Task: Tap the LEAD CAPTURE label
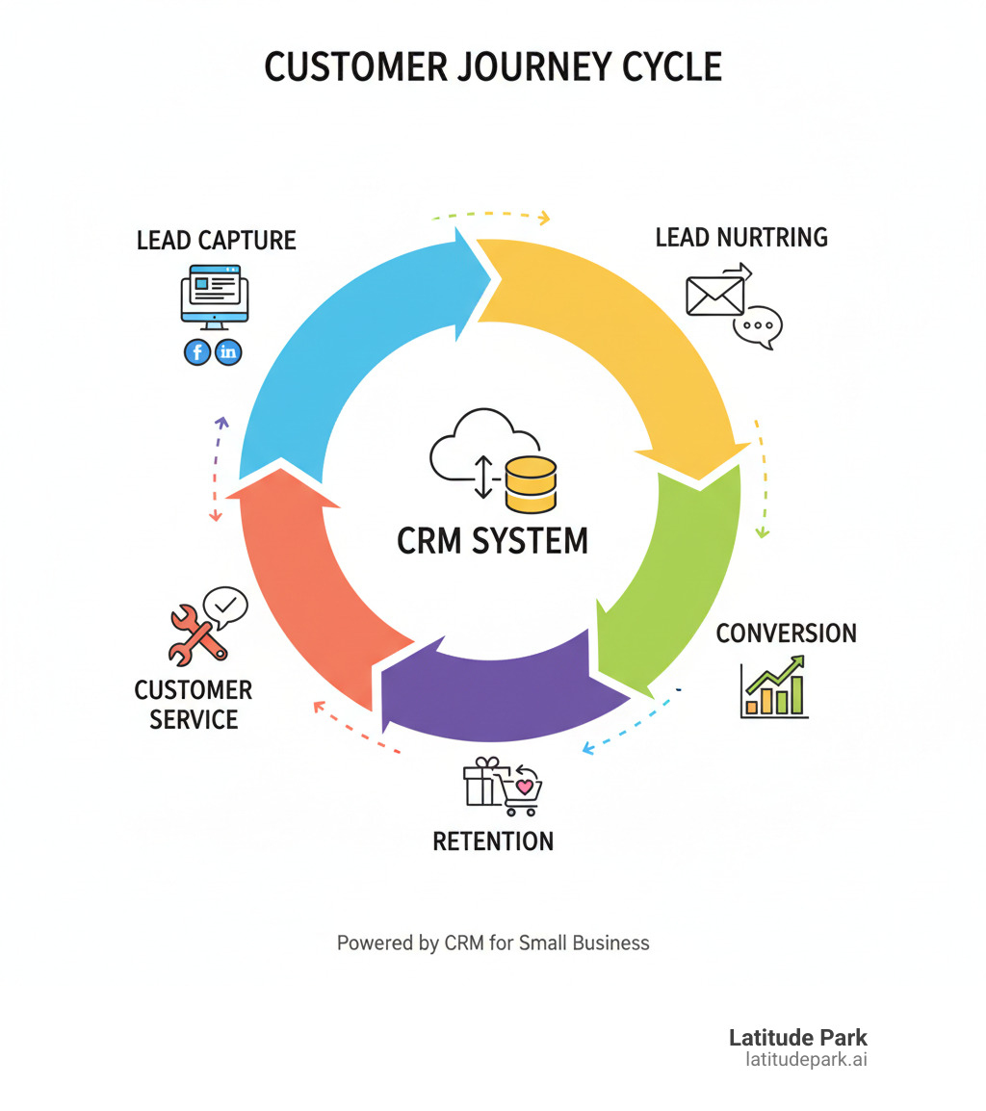coord(216,240)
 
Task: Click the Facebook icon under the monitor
coord(197,352)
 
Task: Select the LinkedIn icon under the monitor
coord(228,352)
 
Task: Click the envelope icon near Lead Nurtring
coord(715,295)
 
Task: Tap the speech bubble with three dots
coord(758,326)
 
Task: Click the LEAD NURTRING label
coord(740,237)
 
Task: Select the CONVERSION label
coord(786,633)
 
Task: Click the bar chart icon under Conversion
coord(775,687)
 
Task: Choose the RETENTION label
coord(493,840)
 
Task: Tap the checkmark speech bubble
coord(225,605)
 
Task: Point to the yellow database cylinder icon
coord(531,484)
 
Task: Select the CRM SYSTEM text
coord(492,540)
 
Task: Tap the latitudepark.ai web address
coord(806,1059)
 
